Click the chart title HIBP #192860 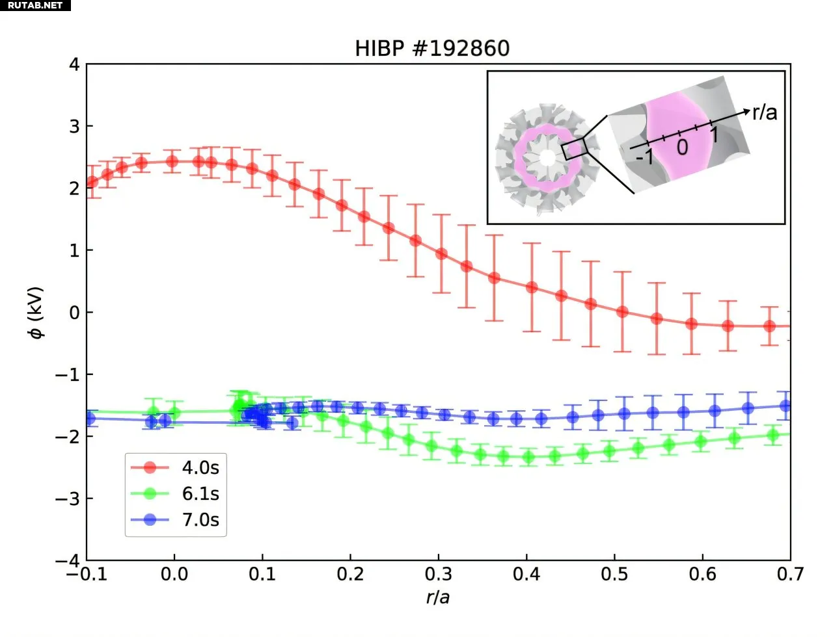click(x=432, y=49)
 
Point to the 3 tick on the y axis click(x=75, y=126)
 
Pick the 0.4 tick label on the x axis click(x=526, y=575)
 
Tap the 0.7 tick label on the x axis click(x=790, y=575)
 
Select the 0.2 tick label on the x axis click(x=350, y=575)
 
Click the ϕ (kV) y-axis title click(x=36, y=313)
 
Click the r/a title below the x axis click(x=438, y=597)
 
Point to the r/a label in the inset click(x=765, y=112)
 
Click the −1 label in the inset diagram click(x=644, y=157)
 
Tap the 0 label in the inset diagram click(x=682, y=148)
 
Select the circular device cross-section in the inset click(x=547, y=158)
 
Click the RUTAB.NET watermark click(x=35, y=5)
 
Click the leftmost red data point click(x=92, y=182)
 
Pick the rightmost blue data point click(x=785, y=406)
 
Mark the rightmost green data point click(x=773, y=435)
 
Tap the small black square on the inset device click(x=575, y=149)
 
